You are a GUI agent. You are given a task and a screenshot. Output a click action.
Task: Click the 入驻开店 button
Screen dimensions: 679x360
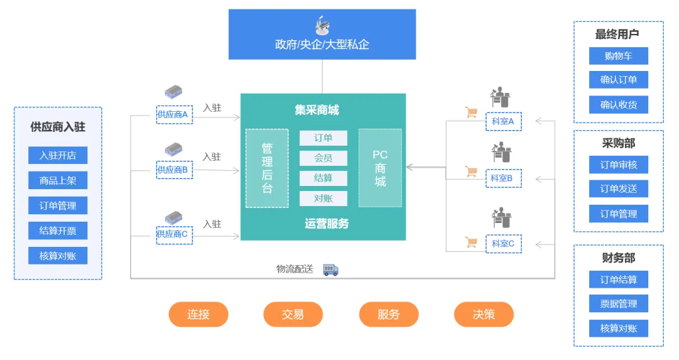coord(58,155)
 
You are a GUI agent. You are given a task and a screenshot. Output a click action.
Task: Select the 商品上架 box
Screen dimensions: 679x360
coord(58,180)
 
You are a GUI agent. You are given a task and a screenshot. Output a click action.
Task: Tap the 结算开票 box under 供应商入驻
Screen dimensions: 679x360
coord(58,231)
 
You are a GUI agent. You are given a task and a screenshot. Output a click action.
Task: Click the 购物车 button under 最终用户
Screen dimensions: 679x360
coord(619,56)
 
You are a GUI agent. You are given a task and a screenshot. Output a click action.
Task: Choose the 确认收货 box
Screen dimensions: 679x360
coord(619,105)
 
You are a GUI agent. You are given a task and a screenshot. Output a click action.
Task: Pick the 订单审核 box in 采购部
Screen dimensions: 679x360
coord(619,165)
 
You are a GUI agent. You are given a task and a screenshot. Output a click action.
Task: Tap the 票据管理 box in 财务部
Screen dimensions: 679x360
coord(619,303)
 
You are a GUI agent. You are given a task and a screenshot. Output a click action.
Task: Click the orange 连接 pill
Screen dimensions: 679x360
coord(198,314)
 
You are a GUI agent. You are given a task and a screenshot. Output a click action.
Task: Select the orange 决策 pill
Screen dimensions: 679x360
coord(483,314)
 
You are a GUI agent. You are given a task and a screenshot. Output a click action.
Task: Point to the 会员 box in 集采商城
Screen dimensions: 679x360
coord(323,158)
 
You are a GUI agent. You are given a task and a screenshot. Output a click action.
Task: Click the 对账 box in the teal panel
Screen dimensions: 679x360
coord(323,199)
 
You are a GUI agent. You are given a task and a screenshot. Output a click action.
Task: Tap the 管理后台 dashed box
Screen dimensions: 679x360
coord(267,168)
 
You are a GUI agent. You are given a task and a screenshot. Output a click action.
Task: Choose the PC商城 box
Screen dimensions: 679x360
coord(380,168)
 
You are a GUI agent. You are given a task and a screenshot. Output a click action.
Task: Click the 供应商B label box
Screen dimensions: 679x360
coord(174,170)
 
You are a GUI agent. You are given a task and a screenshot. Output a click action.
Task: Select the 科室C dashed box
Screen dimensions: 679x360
coord(504,244)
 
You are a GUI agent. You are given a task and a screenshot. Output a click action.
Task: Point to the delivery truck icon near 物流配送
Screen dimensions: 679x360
coord(331,270)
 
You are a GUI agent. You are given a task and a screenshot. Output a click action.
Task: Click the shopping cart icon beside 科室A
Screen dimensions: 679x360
coord(472,112)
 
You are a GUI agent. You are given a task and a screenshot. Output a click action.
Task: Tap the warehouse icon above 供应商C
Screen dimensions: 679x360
coord(174,217)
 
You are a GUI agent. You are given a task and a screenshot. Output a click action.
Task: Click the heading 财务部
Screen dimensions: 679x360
coord(619,258)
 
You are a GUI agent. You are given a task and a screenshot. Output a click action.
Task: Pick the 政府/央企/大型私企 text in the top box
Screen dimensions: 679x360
coord(322,44)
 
